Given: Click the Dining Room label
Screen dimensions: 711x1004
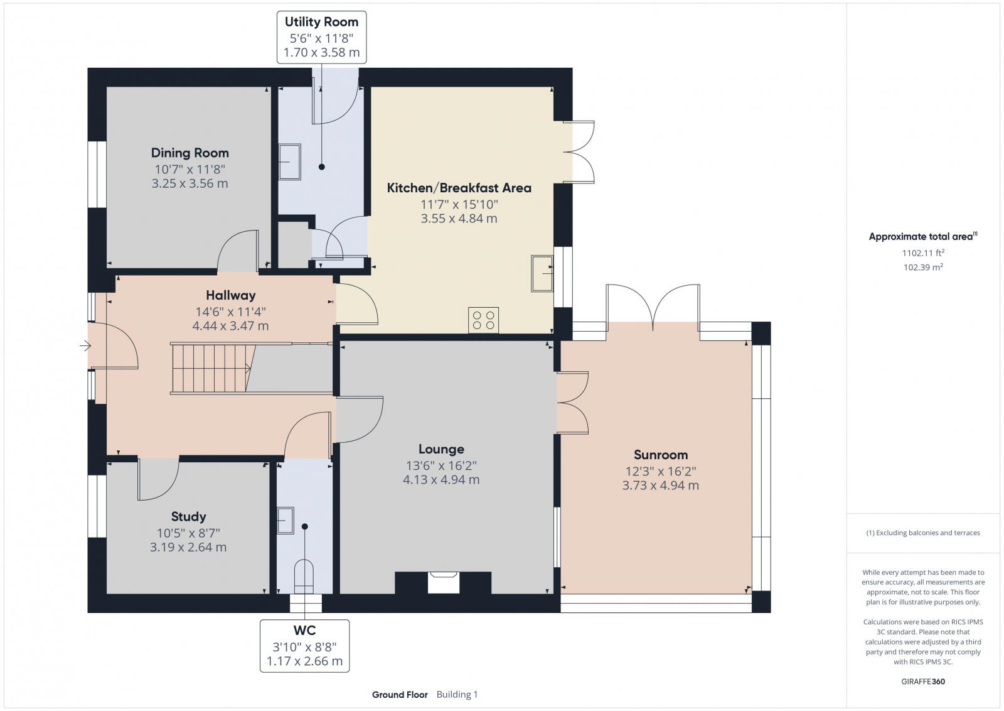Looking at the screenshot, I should [x=190, y=153].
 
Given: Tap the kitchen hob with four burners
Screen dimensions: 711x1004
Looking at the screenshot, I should [x=483, y=319].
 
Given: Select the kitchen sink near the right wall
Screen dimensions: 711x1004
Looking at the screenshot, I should [x=542, y=273].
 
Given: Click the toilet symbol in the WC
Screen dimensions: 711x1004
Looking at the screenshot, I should [x=304, y=575].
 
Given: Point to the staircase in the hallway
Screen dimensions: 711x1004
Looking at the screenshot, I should [x=210, y=369].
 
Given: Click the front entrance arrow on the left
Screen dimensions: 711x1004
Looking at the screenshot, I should [x=85, y=345].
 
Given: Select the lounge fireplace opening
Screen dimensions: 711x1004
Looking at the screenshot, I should [x=443, y=582].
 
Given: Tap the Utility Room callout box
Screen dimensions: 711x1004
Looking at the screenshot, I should [x=321, y=37].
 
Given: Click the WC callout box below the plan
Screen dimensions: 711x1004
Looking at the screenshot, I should [x=304, y=646].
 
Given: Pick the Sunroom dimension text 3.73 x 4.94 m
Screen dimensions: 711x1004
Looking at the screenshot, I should [x=660, y=486].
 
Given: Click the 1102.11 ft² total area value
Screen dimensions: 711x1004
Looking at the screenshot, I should [x=922, y=253].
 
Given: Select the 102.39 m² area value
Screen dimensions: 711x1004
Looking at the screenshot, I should [x=922, y=267].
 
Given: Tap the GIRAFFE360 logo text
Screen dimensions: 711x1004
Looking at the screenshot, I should [x=922, y=681].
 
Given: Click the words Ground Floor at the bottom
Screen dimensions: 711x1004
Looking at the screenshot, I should [x=400, y=695].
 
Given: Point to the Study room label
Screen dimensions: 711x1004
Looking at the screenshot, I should [x=188, y=516].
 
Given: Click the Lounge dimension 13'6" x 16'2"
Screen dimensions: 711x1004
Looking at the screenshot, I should [x=441, y=465].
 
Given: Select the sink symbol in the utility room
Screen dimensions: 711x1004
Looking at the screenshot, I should [x=289, y=161].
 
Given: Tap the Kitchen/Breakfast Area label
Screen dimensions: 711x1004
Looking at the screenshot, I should [x=459, y=188].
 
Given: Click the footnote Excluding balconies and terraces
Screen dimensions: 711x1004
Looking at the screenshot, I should [x=923, y=533].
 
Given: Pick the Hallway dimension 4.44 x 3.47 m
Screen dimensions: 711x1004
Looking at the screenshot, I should [x=230, y=326].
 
